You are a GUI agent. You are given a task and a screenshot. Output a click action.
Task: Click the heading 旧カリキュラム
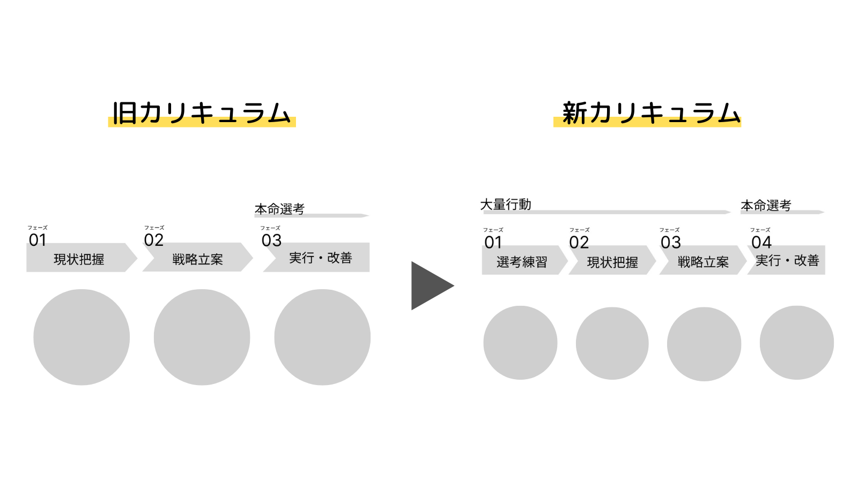point(202,113)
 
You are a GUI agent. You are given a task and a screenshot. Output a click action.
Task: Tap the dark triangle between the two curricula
point(429,285)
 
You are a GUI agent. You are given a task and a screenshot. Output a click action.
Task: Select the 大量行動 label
point(505,205)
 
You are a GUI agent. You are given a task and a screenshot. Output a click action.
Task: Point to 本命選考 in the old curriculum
point(279,209)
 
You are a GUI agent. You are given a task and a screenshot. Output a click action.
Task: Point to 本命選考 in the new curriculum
point(766,206)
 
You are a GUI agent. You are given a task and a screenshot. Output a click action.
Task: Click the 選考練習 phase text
point(522,262)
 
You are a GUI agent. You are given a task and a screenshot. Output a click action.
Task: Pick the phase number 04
point(761,243)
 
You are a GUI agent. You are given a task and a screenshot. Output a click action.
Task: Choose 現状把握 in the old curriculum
point(79,259)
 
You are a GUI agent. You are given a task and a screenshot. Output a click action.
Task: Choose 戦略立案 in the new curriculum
point(703,262)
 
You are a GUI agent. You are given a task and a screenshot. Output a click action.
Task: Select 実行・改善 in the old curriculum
point(320,258)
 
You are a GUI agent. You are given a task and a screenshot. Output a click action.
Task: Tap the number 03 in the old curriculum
point(271,240)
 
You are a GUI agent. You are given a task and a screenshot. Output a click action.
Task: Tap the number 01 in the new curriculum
point(493,243)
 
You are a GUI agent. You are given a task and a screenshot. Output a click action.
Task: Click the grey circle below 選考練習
point(520,343)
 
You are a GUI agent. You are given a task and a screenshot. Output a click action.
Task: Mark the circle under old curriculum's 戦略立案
point(202,337)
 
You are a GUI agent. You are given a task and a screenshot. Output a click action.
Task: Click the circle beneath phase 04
point(796,343)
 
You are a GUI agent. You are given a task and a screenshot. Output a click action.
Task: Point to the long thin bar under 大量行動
point(606,212)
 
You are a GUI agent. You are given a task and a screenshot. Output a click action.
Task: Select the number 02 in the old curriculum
point(153,240)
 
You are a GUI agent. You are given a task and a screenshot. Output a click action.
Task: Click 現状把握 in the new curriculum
point(612,262)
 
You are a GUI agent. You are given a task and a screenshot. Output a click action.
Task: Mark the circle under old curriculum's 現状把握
point(82,337)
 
